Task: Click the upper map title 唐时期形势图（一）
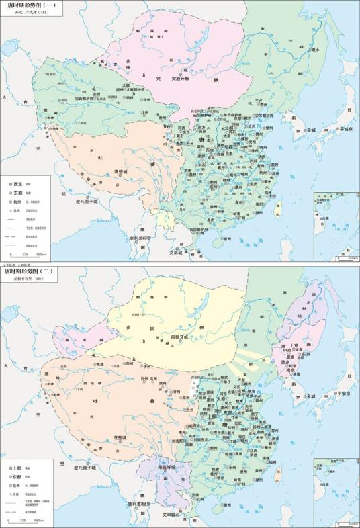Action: pyautogui.click(x=32, y=5)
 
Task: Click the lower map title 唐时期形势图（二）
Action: pyautogui.click(x=32, y=271)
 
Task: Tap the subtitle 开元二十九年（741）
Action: pyautogui.click(x=27, y=13)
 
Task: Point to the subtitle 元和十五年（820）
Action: pyautogui.click(x=26, y=279)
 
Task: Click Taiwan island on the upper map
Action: pyautogui.click(x=277, y=211)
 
